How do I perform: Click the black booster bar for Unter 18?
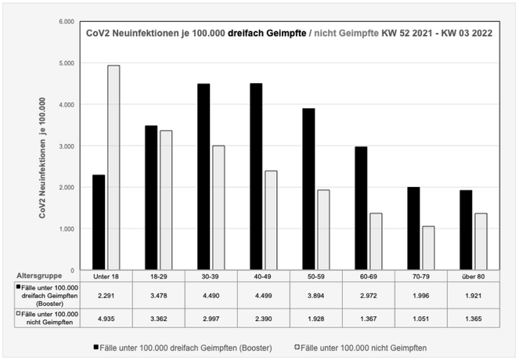99,223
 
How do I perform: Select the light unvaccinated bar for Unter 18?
114,167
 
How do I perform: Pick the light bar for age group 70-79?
429,248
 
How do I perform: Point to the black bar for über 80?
465,230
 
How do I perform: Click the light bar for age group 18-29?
166,200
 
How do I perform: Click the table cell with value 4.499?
263,294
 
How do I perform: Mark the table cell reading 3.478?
158,294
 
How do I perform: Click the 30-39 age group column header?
211,276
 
